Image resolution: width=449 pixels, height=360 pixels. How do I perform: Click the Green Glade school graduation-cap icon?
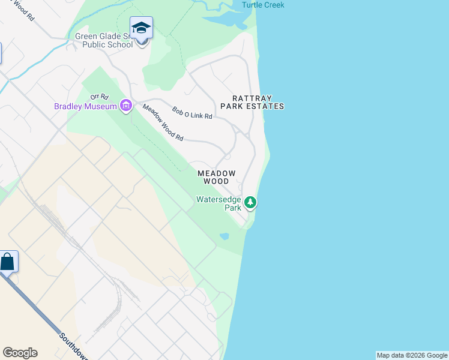[x=141, y=28]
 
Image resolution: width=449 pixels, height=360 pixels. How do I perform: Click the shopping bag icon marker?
[x=7, y=262]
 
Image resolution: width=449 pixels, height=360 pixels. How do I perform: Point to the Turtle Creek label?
[x=263, y=5]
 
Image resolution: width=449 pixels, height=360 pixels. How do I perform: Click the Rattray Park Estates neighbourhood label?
[x=252, y=102]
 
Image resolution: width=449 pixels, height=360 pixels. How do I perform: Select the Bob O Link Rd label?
[x=192, y=112]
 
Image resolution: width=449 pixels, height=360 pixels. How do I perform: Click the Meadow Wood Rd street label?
[x=163, y=122]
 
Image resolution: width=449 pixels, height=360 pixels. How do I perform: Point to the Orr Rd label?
[x=98, y=96]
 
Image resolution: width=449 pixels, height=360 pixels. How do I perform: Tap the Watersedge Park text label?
[x=218, y=203]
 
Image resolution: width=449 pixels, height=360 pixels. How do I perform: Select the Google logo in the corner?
[x=20, y=353]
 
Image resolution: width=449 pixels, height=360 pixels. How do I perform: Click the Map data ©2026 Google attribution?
[x=412, y=355]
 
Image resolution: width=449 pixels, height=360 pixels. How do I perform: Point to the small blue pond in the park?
[x=224, y=236]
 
